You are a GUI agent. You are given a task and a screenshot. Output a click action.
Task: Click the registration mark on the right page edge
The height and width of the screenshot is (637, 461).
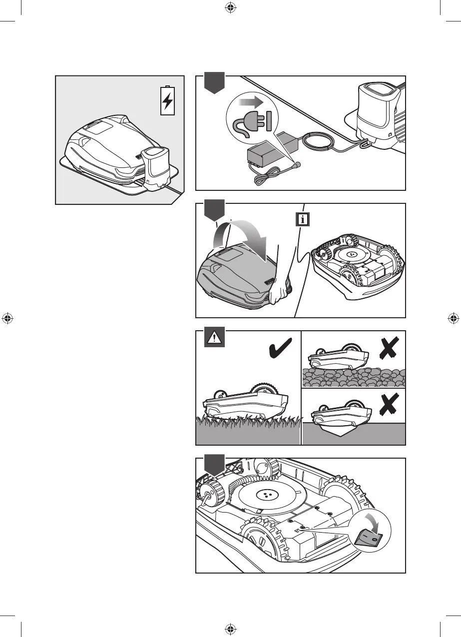coord(454,318)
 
